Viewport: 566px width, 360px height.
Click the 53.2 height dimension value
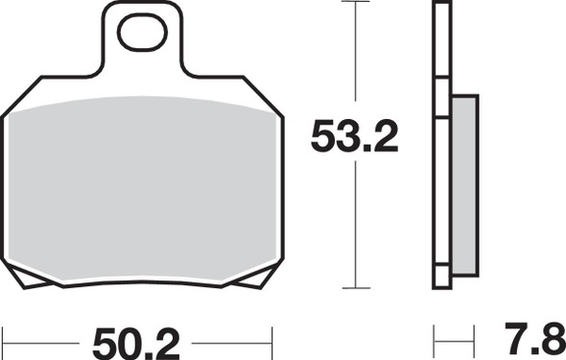[353, 140]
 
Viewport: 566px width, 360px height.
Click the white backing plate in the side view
[441, 144]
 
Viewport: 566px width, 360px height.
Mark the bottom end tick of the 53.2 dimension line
[356, 287]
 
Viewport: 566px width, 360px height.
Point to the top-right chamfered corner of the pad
[267, 96]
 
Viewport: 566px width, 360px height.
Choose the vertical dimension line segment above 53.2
[356, 58]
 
